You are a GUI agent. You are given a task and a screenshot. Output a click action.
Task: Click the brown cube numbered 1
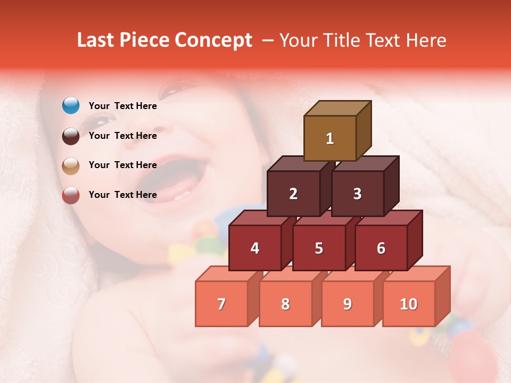pyautogui.click(x=330, y=138)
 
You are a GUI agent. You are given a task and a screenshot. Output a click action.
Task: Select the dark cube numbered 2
pyautogui.click(x=293, y=194)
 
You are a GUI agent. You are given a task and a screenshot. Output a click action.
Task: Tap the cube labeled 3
pyautogui.click(x=357, y=194)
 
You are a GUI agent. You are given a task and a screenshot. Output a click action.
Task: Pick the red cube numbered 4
pyautogui.click(x=255, y=248)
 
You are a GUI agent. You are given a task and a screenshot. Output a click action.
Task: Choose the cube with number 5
pyautogui.click(x=319, y=248)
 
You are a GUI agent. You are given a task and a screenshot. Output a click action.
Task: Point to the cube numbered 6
pyautogui.click(x=381, y=248)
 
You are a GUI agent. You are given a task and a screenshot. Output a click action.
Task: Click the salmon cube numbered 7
pyautogui.click(x=221, y=304)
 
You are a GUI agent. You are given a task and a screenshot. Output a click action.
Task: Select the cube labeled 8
pyautogui.click(x=285, y=304)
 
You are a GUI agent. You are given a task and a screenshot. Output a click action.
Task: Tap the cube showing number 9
pyautogui.click(x=348, y=304)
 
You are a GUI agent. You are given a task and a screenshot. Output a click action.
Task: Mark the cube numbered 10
pyautogui.click(x=409, y=304)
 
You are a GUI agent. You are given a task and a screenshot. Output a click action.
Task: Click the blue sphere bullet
pyautogui.click(x=71, y=106)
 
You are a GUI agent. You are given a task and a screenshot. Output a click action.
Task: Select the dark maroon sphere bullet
pyautogui.click(x=71, y=136)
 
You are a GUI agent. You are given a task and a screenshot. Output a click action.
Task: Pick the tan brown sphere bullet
pyautogui.click(x=71, y=165)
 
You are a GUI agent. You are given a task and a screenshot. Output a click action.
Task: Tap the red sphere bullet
pyautogui.click(x=71, y=195)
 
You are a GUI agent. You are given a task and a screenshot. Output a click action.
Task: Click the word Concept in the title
pyautogui.click(x=213, y=40)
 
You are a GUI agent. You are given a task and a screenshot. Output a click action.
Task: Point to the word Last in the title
pyautogui.click(x=95, y=40)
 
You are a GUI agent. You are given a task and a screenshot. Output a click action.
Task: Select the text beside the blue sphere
pyautogui.click(x=123, y=106)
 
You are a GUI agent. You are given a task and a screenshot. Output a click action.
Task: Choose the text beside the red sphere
pyautogui.click(x=123, y=195)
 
